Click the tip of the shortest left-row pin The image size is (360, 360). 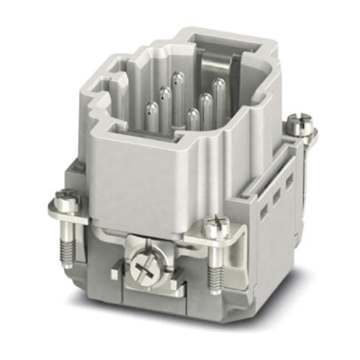point(152,108)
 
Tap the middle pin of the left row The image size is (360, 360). point(165,93)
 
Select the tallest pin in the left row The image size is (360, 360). point(177,77)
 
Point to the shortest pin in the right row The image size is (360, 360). point(193,114)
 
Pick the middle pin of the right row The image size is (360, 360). point(206,99)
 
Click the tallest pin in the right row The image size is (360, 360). point(219,84)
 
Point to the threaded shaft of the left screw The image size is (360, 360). point(67,250)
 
